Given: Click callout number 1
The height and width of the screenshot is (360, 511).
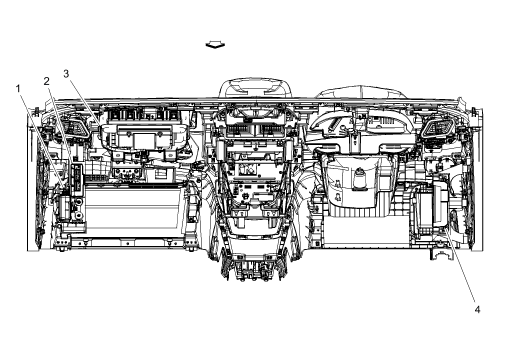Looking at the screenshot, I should pos(18,89).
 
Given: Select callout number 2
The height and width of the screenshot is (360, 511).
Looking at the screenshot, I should pos(45,80).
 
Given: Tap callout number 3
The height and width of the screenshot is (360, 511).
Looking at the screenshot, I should pos(66,73).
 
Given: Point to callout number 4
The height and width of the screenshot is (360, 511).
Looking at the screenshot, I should pos(477,308).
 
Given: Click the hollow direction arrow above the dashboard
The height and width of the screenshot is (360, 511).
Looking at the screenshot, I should pos(212,44).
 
